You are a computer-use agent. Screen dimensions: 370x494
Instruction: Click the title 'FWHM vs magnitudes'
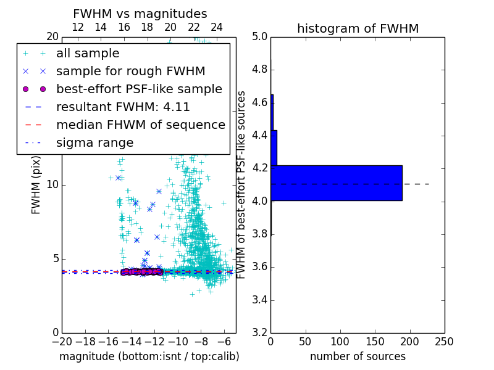140,14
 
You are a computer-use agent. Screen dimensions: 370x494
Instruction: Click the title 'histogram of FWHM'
358,28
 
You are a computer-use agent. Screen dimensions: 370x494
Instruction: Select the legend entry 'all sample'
88,54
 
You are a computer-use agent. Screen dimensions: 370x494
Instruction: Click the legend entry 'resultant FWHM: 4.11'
123,107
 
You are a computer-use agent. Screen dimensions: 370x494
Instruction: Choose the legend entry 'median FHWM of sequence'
140,125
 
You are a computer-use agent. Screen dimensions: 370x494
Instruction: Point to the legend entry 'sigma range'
94,143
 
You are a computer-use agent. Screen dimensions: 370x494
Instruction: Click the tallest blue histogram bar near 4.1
337,183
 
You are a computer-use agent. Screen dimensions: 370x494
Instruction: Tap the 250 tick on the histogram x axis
444,342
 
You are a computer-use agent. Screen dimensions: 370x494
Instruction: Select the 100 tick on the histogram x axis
340,342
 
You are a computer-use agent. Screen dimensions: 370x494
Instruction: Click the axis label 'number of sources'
358,356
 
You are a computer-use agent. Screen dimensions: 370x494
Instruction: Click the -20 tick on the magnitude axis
62,342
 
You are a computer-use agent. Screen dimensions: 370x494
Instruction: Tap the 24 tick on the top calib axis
217,27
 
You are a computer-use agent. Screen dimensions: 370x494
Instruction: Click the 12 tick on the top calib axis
78,27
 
